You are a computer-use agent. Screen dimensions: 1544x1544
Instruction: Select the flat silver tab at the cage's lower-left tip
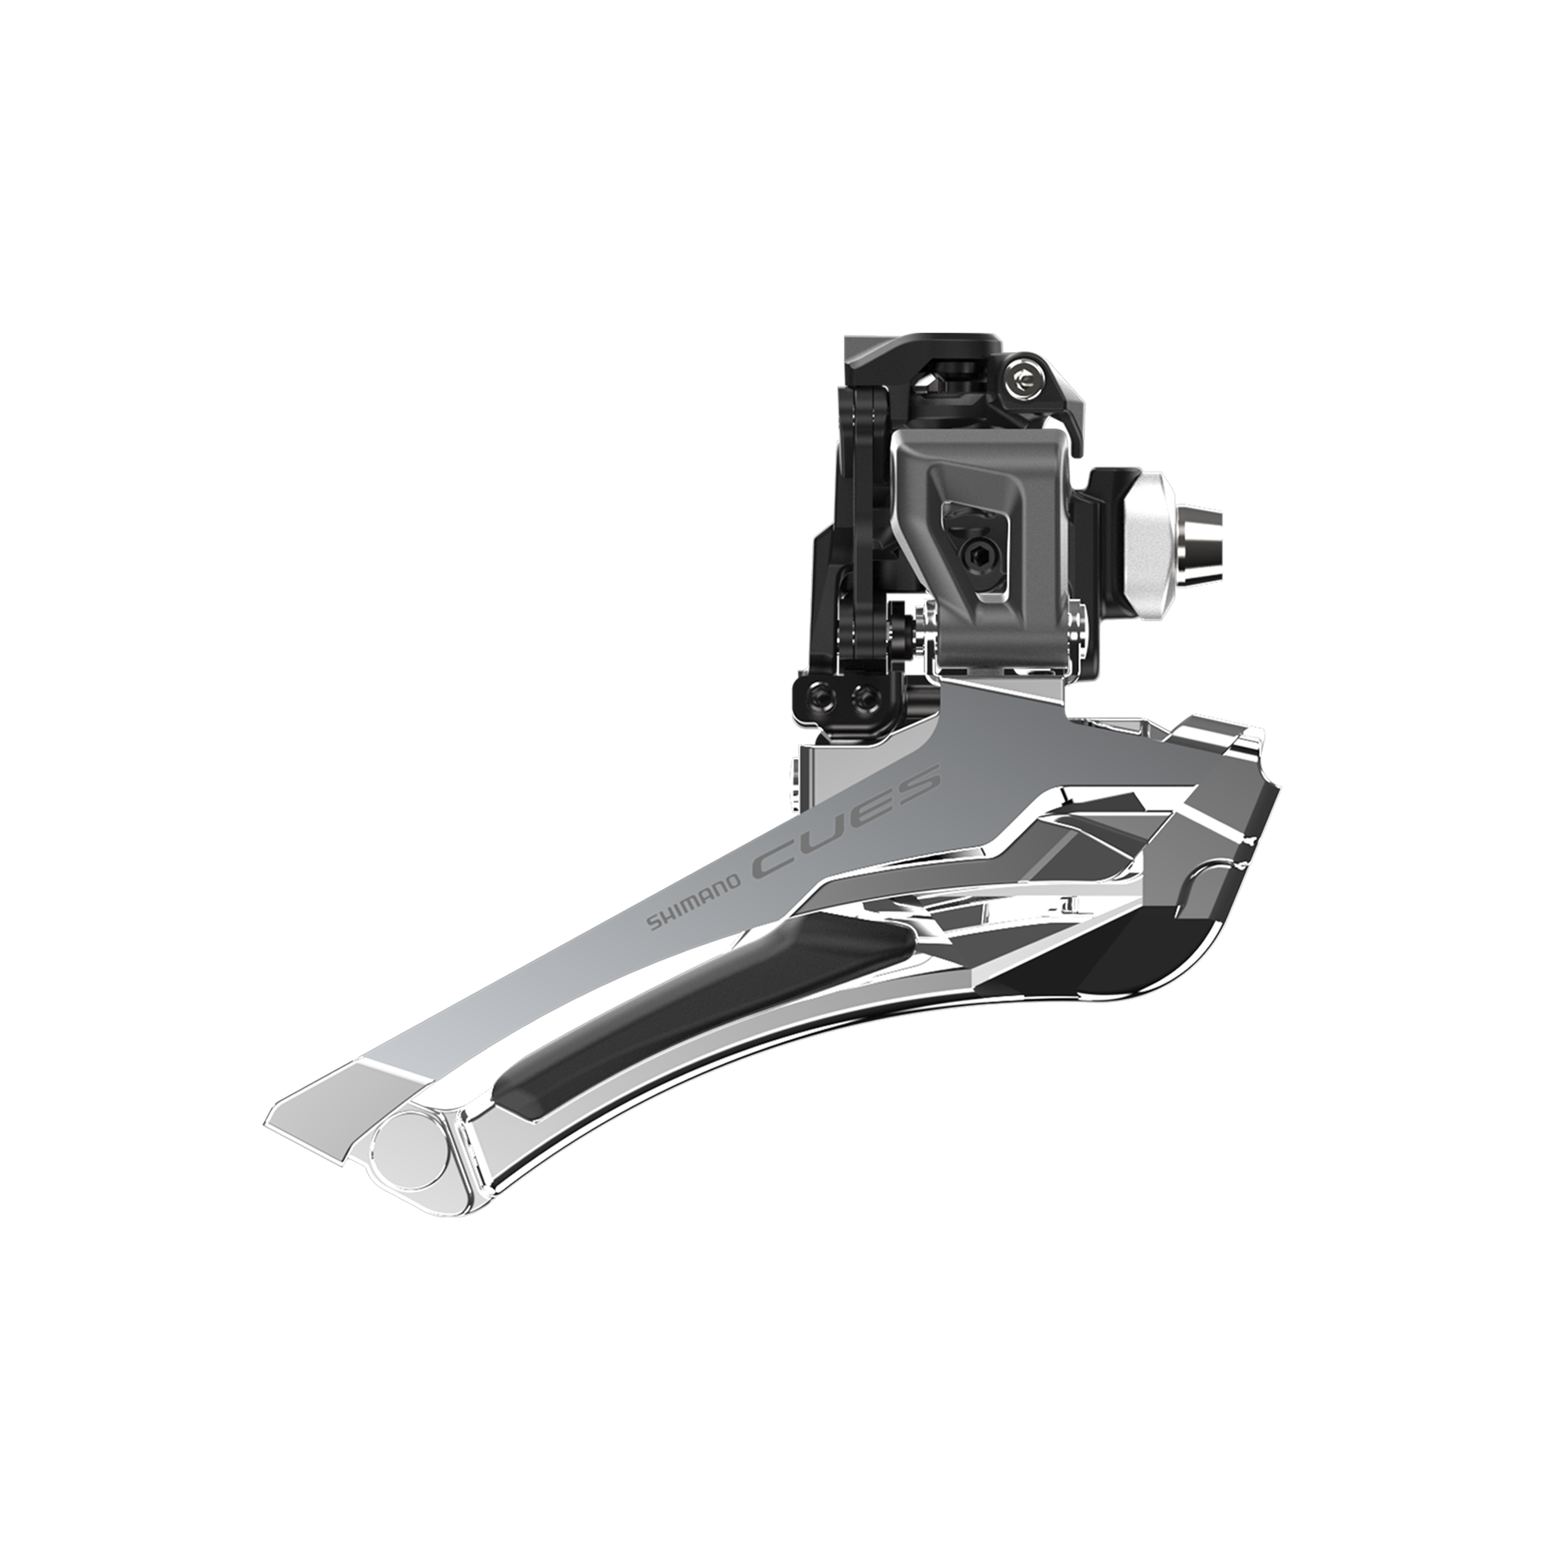point(320,1111)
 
